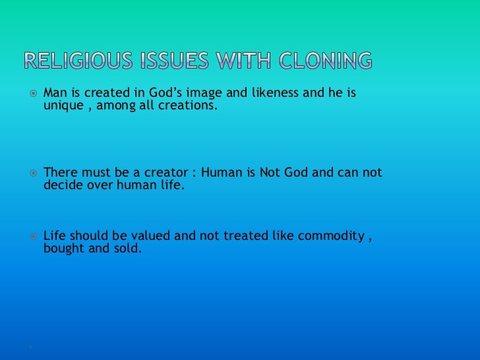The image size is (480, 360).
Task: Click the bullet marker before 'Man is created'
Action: pos(30,94)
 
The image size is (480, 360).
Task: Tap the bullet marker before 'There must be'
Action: pos(30,173)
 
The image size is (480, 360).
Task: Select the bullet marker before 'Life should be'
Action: pos(30,236)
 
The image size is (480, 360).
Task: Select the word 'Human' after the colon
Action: pos(220,173)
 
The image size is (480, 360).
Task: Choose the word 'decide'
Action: pos(63,185)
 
